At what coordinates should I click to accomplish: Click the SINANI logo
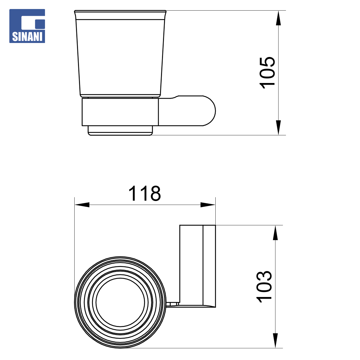(x=27, y=26)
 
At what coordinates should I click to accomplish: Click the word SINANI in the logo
(x=27, y=37)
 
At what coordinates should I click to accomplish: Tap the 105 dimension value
(x=267, y=73)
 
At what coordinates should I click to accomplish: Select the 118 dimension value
(x=144, y=193)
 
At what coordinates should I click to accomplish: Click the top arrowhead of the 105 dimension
(x=278, y=18)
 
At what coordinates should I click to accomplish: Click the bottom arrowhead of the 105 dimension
(x=278, y=128)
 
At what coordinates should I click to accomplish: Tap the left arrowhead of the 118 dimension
(x=82, y=205)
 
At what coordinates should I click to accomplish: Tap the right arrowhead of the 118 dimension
(x=208, y=205)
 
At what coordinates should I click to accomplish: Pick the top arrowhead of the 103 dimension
(x=275, y=233)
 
